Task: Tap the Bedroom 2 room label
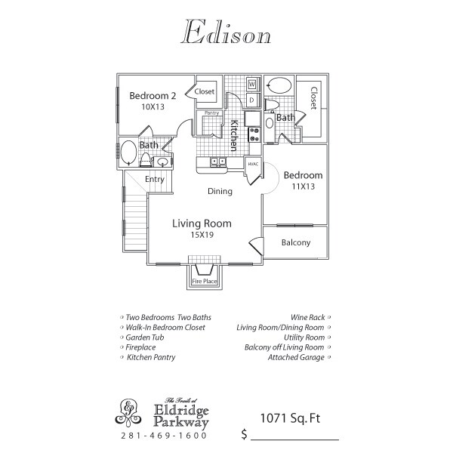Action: (x=153, y=96)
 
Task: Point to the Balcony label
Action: (x=295, y=242)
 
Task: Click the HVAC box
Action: (x=253, y=164)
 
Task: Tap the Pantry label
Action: (x=212, y=113)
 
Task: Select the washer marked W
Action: (x=252, y=84)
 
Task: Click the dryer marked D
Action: (x=252, y=100)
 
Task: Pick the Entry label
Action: (x=154, y=179)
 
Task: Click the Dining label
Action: (x=220, y=191)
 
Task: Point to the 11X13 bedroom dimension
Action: (x=302, y=186)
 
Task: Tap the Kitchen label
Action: (x=235, y=134)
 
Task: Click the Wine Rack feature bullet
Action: (x=308, y=318)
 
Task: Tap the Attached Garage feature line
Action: (x=297, y=357)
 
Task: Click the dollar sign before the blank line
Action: (x=245, y=434)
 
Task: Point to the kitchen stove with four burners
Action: (x=254, y=134)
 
